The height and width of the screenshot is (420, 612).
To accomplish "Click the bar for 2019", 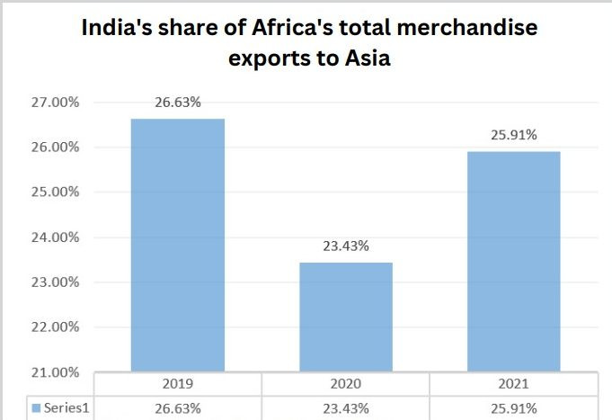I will tap(177, 245).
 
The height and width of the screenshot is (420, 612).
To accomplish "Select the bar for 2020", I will tap(345, 317).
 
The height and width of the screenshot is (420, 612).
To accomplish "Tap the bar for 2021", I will tap(513, 261).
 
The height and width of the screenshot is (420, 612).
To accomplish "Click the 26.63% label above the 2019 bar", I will tap(177, 103).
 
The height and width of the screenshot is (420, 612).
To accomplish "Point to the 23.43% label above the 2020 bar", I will tap(345, 246).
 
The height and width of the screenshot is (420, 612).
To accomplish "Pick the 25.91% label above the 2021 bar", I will tap(513, 135).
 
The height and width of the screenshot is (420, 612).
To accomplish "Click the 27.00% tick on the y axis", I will tap(57, 103).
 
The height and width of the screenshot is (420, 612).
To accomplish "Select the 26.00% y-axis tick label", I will tap(57, 147).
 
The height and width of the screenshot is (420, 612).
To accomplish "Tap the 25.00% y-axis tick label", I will tap(57, 192).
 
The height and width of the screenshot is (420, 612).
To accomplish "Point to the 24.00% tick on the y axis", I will tap(57, 237).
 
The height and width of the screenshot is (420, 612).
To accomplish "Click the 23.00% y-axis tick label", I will tap(57, 282).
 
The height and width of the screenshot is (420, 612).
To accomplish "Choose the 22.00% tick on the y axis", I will tap(57, 327).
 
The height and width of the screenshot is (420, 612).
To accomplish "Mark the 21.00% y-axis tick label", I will tap(57, 372).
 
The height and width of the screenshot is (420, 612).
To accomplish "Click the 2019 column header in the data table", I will tap(177, 384).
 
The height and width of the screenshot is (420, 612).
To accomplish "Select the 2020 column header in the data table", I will tap(345, 384).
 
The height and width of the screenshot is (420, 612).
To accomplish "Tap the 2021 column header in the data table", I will tap(513, 384).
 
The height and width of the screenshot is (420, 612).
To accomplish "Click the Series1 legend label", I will tap(67, 408).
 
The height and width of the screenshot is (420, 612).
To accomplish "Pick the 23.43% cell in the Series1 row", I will tap(345, 408).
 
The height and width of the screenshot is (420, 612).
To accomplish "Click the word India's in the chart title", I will tap(120, 29).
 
